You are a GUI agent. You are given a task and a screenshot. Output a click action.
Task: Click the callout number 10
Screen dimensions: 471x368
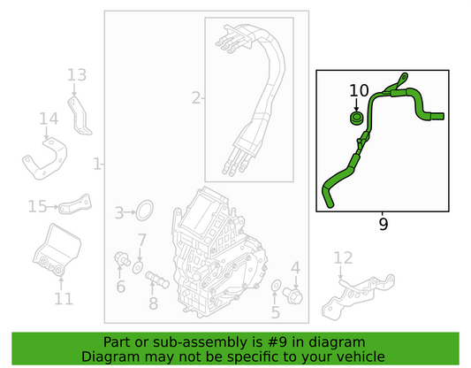(x=359, y=90)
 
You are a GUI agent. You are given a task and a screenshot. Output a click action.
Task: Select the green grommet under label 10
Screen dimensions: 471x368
(x=356, y=118)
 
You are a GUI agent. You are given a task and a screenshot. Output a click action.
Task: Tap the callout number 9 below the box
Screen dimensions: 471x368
(x=383, y=225)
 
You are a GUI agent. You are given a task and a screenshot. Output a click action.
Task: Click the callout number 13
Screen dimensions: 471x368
(x=77, y=75)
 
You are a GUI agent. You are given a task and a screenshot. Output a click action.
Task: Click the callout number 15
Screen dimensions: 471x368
(x=37, y=206)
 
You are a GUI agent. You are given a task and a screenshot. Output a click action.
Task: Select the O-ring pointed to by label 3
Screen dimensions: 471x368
(x=145, y=211)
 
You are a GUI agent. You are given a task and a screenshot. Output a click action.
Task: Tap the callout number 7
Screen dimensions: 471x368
(x=141, y=240)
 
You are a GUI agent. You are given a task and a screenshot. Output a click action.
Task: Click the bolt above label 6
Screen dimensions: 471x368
(x=122, y=259)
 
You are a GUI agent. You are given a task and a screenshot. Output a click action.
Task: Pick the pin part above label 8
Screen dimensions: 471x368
(x=157, y=280)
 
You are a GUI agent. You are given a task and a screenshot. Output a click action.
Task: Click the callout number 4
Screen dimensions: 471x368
(x=295, y=267)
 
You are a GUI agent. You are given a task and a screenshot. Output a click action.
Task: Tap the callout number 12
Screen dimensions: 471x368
(x=343, y=258)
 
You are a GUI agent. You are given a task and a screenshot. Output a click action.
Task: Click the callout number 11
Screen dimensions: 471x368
(x=64, y=298)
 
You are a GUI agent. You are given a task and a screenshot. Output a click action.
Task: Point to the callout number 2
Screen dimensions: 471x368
(x=196, y=98)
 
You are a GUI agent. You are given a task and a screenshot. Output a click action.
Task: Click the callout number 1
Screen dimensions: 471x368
(x=97, y=165)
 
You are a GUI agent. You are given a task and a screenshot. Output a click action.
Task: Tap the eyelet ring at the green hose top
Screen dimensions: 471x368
(x=404, y=77)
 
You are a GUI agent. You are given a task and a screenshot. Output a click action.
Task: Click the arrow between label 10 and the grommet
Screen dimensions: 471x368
(x=356, y=104)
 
